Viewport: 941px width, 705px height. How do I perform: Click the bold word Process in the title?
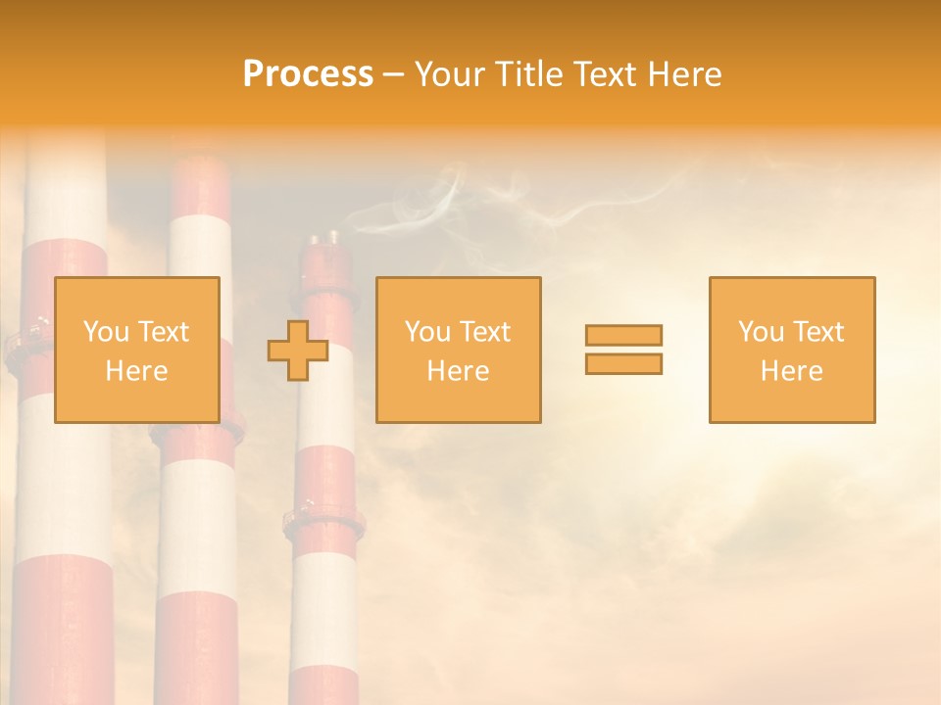(308, 74)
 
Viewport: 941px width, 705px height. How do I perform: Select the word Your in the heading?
(452, 74)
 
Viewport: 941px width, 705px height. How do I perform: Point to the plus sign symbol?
(298, 351)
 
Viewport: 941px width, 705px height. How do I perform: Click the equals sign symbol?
(623, 350)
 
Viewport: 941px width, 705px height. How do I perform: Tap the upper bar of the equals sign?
(623, 336)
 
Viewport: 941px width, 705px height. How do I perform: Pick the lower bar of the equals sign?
(623, 363)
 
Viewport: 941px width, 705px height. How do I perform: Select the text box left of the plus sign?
(136, 351)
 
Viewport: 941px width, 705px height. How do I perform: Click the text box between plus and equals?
(458, 351)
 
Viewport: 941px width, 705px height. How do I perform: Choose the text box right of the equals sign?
(791, 351)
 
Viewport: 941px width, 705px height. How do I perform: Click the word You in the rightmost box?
(761, 332)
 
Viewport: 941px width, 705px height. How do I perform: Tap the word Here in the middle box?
(458, 371)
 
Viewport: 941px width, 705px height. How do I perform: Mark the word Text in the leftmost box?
(163, 332)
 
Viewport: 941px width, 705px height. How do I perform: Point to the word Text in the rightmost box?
(818, 332)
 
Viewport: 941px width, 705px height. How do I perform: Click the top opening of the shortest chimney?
(324, 238)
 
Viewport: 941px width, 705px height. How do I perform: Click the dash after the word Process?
(393, 74)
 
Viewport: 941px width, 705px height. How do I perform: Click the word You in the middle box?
(427, 332)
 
